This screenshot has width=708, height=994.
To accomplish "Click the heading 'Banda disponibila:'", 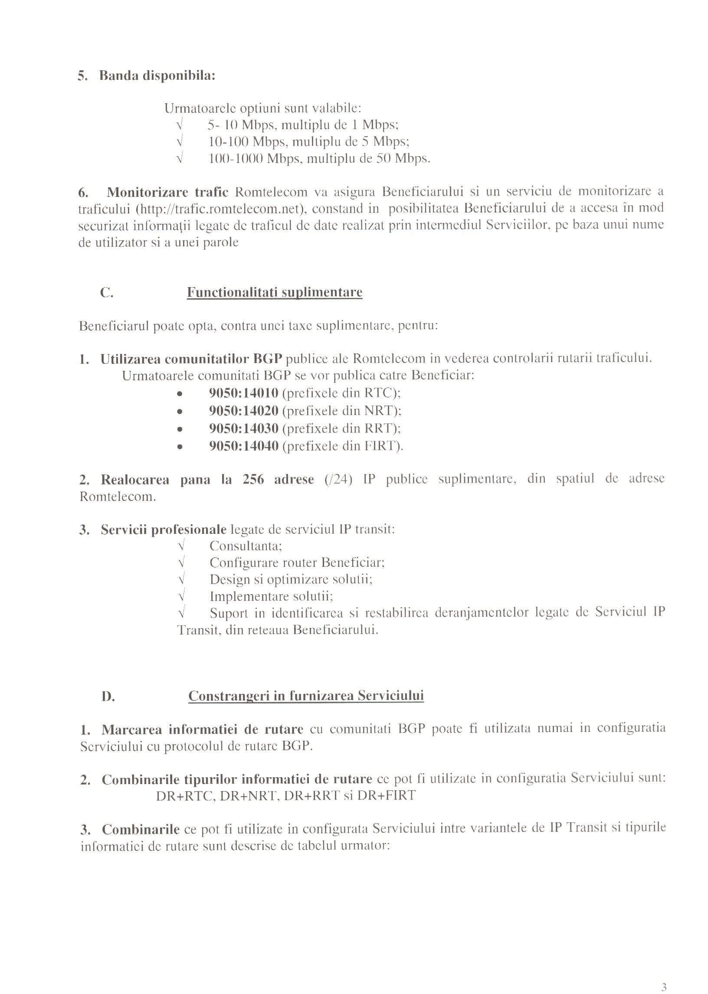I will pos(157,76).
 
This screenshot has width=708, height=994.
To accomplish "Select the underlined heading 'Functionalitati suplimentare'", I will pos(274,292).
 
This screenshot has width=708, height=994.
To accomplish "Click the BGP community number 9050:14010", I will pos(243,393).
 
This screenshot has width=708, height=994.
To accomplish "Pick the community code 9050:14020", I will pos(243,411).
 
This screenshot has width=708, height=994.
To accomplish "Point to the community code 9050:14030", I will pos(243,428).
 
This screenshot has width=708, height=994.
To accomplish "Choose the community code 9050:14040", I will pos(243,446).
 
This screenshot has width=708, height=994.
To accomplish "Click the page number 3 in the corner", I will pos(663,975).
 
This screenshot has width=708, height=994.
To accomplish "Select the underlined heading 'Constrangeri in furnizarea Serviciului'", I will pos(305,696).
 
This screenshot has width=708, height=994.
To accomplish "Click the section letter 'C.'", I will pos(107,292).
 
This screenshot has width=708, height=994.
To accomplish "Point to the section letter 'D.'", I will pos(108,696).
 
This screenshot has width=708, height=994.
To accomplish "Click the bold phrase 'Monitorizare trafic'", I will pos(167,192).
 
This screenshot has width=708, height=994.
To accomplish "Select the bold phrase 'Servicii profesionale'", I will pos(164,530).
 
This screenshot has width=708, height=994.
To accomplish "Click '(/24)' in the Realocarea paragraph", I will pos(338,479).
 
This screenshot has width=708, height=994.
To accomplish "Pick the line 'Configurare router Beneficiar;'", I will pos(297,562).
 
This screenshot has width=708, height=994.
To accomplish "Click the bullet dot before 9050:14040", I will pos(179,447).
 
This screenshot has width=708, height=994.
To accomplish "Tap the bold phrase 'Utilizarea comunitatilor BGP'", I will pos(191,359).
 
